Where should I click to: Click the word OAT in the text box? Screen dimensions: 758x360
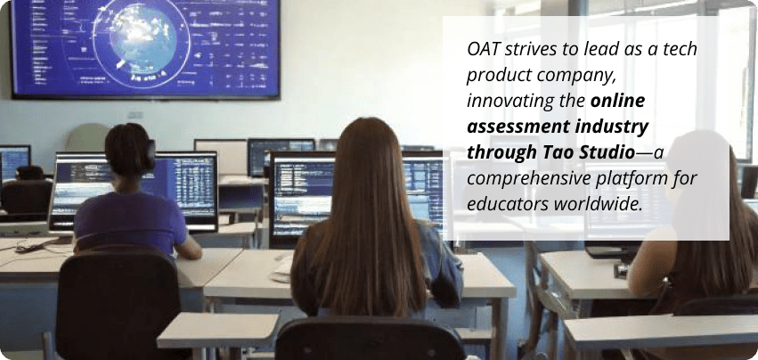click(485, 49)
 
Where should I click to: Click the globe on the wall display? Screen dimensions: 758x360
click(142, 38)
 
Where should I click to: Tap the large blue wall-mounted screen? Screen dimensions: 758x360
click(145, 48)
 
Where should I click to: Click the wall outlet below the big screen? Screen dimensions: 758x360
click(134, 115)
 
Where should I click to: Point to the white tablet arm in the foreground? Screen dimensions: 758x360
click(218, 330)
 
